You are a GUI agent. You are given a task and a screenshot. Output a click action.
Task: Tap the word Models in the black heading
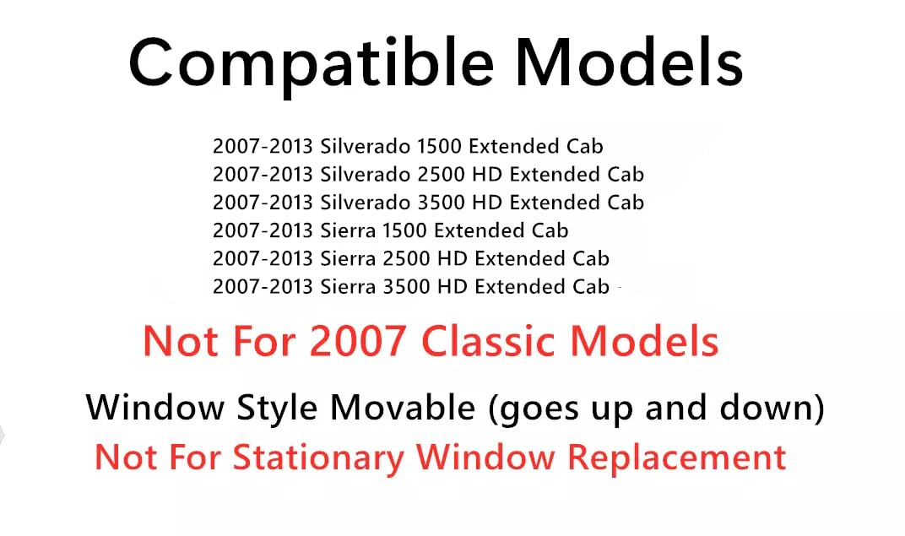(630, 63)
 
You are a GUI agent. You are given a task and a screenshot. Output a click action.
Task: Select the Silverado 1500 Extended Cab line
(408, 146)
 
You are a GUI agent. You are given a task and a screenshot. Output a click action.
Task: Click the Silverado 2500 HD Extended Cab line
(428, 175)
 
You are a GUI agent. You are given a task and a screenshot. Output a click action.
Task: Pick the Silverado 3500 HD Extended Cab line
(428, 203)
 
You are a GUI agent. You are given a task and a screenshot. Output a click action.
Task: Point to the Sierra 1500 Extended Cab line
(390, 230)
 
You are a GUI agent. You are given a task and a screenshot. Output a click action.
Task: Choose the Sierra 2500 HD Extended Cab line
(410, 258)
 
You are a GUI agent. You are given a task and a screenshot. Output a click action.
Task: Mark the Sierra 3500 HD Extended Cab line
(410, 286)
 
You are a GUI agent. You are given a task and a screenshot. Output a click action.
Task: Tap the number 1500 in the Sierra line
(404, 230)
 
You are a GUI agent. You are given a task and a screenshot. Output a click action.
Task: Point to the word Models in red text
(645, 342)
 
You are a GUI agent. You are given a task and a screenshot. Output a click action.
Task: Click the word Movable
(402, 409)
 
